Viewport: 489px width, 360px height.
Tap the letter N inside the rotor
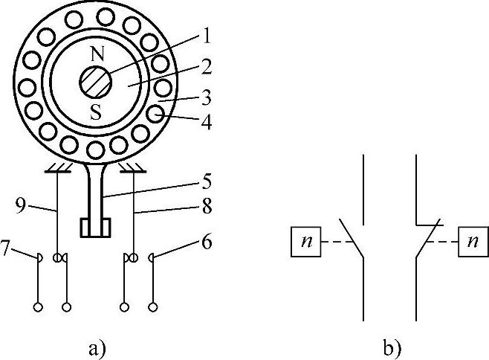(x=97, y=54)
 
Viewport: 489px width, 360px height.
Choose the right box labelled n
(x=473, y=243)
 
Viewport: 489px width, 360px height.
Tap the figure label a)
(x=97, y=347)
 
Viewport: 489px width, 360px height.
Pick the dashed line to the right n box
(x=444, y=243)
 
